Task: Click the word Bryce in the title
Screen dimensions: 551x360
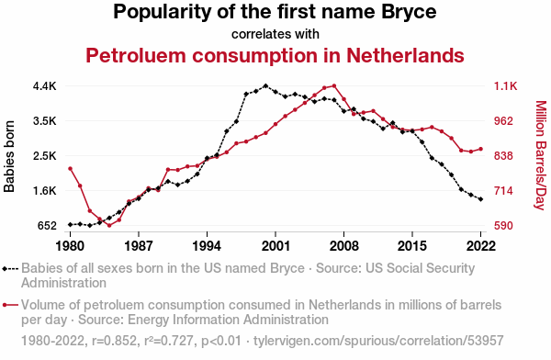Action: point(409,12)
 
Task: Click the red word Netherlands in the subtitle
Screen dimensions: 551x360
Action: point(405,55)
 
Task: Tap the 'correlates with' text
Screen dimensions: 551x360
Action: point(275,34)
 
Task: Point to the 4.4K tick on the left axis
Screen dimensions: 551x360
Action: point(45,86)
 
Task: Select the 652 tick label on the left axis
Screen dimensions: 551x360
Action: point(47,226)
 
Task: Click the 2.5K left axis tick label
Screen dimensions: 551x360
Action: point(45,156)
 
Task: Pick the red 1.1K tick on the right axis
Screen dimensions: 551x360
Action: point(506,86)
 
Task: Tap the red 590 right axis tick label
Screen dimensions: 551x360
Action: point(503,226)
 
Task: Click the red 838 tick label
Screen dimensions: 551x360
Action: point(503,156)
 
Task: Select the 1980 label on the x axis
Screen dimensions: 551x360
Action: point(70,246)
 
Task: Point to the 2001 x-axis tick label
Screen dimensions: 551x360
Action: point(275,246)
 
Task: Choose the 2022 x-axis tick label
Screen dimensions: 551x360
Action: point(480,246)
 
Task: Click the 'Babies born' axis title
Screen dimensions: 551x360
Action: point(9,156)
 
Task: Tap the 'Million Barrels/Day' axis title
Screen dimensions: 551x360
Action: point(541,155)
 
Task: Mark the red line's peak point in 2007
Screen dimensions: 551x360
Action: point(334,85)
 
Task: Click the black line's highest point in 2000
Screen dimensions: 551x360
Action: point(265,85)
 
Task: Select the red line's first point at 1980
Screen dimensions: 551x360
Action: point(71,169)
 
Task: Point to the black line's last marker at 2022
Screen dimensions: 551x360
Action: point(480,199)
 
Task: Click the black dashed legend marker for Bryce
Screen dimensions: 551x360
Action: point(10,269)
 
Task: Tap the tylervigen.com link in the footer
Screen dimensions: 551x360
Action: point(378,341)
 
